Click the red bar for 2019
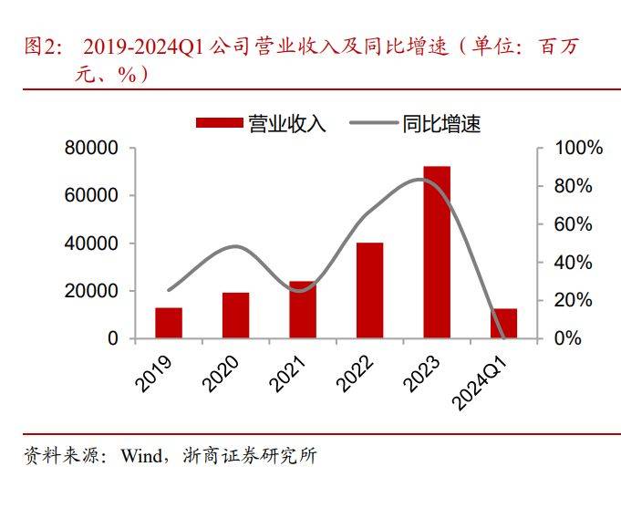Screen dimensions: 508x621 tap(169, 323)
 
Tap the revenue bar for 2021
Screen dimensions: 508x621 tap(302, 310)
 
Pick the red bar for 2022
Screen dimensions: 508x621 tap(369, 290)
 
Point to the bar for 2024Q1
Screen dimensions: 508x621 tap(503, 324)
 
